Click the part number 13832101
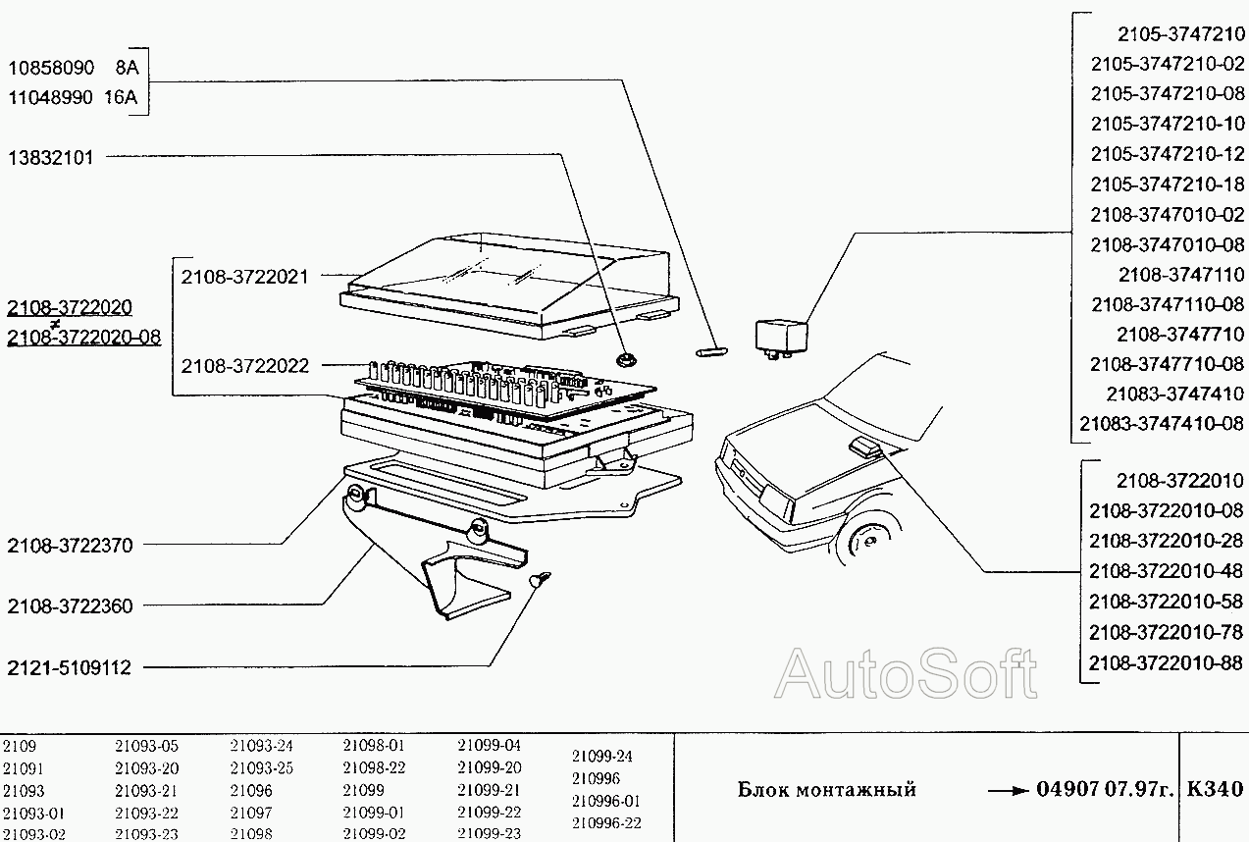point(51,158)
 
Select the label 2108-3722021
point(244,277)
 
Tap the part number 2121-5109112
point(69,667)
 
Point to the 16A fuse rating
point(121,97)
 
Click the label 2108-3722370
point(71,546)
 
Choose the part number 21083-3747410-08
point(1162,424)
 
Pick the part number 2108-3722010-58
point(1166,602)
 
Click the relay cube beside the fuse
point(781,338)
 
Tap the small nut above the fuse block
point(627,359)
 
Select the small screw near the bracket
point(540,579)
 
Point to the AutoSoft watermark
point(906,673)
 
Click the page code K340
point(1215,789)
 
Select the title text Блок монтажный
point(827,790)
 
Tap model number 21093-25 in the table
point(262,768)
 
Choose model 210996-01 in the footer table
point(606,802)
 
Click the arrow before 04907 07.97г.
point(1008,791)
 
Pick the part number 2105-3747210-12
point(1168,154)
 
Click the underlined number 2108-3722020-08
point(84,338)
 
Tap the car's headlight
point(776,500)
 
